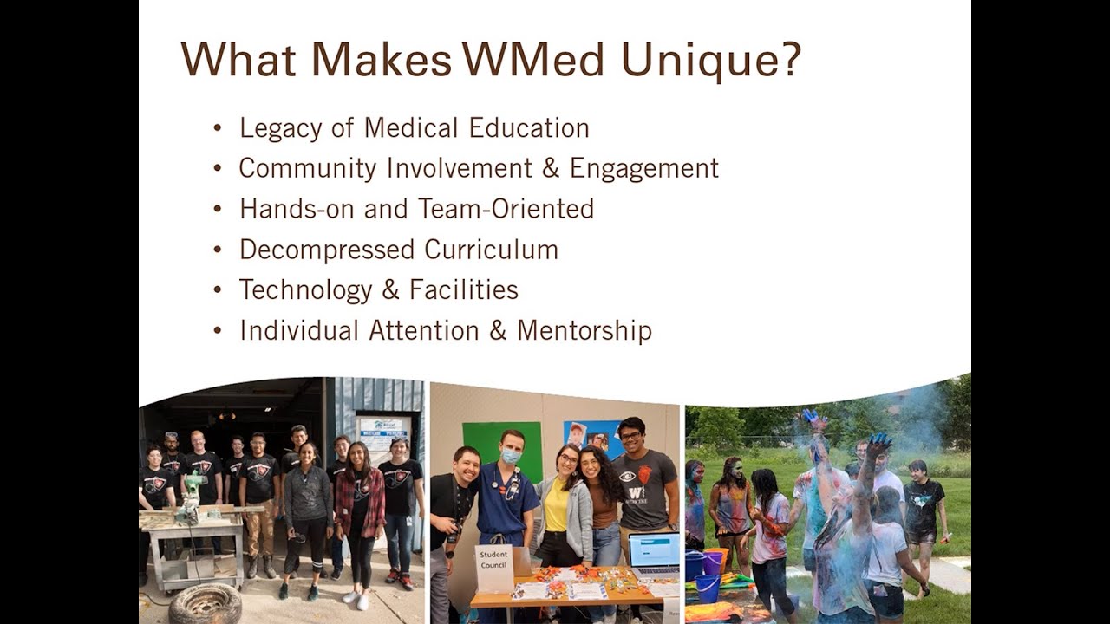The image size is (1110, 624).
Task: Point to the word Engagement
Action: (643, 169)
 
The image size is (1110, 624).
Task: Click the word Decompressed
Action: (327, 250)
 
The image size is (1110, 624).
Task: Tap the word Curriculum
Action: (491, 250)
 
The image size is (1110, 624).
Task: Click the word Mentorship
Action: (584, 330)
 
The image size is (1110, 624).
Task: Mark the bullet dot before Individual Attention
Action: (218, 331)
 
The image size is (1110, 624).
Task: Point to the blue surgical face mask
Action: (511, 456)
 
